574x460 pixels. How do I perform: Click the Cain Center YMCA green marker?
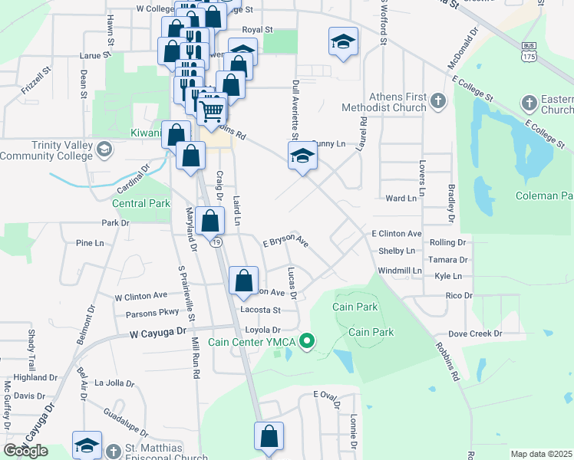308,341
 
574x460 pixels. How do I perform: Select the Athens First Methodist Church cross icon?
437,101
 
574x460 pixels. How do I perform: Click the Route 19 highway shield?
217,242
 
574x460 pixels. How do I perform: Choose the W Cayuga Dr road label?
158,333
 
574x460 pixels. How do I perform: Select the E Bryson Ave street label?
285,242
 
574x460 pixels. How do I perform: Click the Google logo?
25,451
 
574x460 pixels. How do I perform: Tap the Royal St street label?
257,29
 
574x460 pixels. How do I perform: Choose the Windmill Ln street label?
401,271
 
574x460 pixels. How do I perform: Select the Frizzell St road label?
36,79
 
